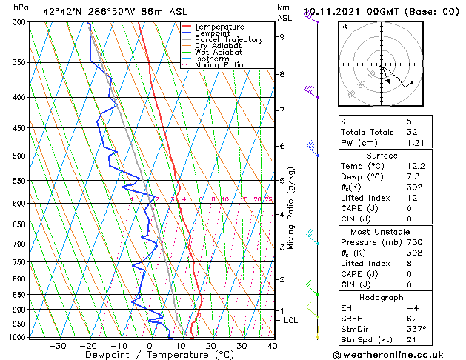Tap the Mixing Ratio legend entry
tap(218, 65)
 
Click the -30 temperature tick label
tap(57, 346)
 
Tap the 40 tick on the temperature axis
tap(273, 346)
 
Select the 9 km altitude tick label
tap(282, 36)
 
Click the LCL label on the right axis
tap(291, 320)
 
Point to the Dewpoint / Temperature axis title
tap(148, 355)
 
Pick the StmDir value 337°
tap(419, 328)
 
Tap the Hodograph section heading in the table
tap(381, 297)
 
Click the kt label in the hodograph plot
tap(344, 27)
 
